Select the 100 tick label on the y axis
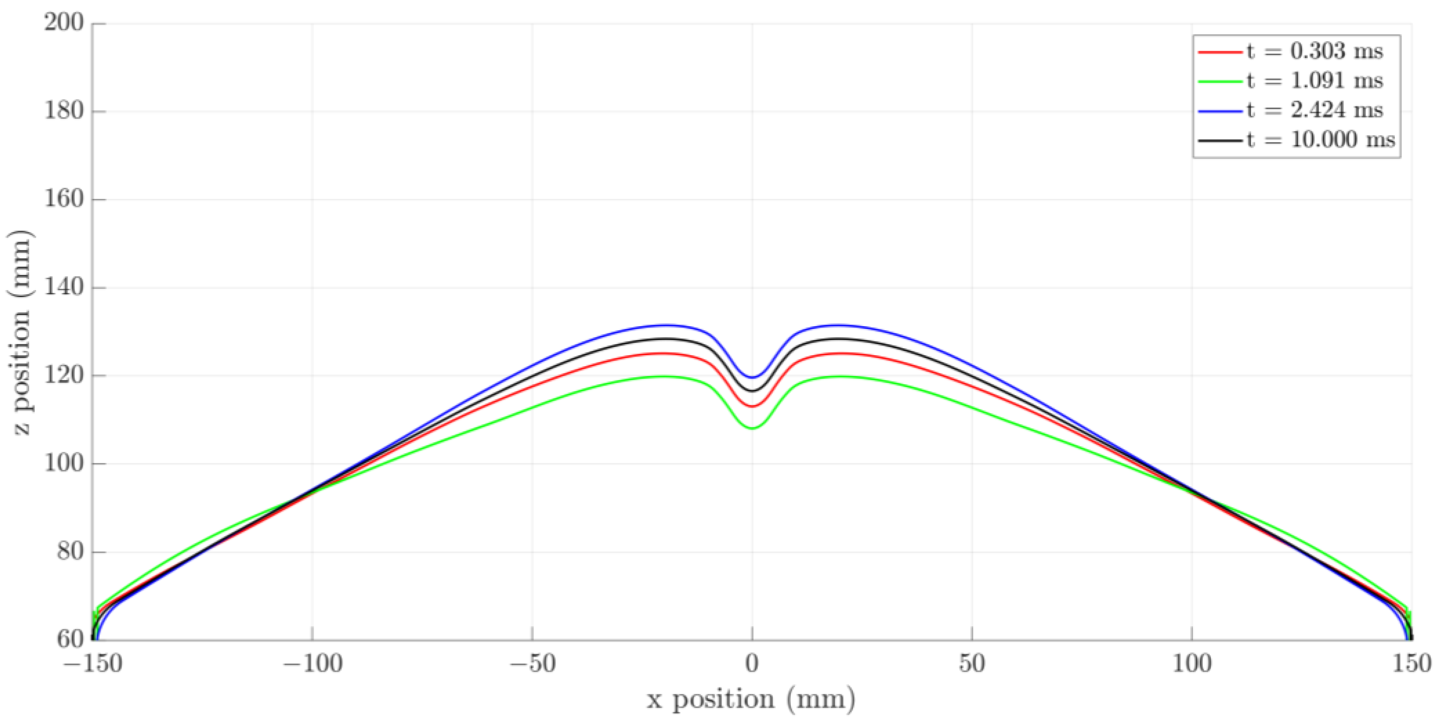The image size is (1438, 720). point(64,463)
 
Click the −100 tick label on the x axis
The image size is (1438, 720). point(313,664)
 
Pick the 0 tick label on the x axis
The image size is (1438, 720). point(752,664)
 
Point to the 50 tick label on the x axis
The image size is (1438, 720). point(971,664)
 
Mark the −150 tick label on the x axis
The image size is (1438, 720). point(93,664)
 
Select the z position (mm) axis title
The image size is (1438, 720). point(21,332)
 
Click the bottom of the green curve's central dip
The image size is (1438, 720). point(752,428)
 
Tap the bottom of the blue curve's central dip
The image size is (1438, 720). point(752,378)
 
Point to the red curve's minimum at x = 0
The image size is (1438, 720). point(752,406)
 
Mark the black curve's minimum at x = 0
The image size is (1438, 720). point(752,391)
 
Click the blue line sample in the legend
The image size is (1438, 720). point(1220,111)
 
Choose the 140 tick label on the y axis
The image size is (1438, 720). point(64,287)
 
